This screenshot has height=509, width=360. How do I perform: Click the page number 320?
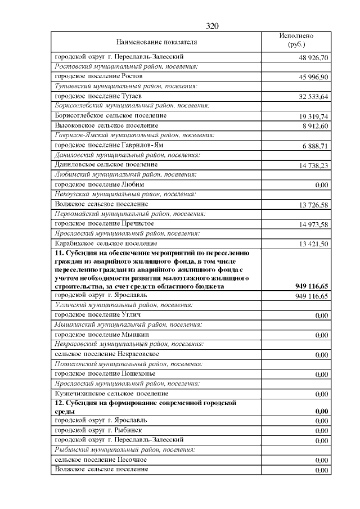[x=211, y=26]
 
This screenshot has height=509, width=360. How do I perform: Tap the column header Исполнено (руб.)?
[x=296, y=40]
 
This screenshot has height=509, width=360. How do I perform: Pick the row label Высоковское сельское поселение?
[x=106, y=125]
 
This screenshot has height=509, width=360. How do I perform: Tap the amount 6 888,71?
[x=315, y=146]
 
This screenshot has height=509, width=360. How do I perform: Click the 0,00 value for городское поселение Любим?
[x=322, y=185]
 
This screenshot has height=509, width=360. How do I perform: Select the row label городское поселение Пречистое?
[x=104, y=224]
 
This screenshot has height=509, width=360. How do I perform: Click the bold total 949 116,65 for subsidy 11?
[x=312, y=286]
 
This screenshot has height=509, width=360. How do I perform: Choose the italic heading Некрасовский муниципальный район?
[x=128, y=344]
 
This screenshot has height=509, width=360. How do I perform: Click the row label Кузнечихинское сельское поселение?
[x=111, y=394]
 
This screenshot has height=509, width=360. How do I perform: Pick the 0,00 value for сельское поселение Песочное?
[x=322, y=460]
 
